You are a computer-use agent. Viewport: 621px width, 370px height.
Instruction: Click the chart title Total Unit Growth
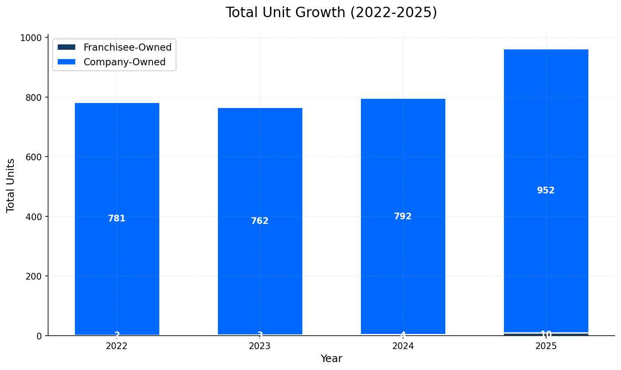(331, 13)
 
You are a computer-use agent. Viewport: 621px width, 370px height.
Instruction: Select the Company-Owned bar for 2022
(117, 167)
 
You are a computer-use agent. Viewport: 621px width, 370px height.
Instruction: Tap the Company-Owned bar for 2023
(260, 176)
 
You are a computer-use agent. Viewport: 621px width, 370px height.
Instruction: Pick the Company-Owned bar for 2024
(403, 167)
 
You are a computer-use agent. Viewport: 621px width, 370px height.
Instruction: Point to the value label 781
(117, 218)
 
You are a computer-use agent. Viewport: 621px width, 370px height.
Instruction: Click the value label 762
(260, 221)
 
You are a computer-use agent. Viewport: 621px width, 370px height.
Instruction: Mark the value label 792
(403, 216)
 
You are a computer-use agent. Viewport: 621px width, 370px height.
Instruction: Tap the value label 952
(546, 190)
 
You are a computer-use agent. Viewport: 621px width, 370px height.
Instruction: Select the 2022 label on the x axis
(117, 346)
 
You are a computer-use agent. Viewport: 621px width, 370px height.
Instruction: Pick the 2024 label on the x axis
(403, 346)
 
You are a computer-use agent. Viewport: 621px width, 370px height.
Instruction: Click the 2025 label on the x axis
(546, 346)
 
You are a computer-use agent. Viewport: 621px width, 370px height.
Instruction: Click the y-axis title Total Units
(11, 185)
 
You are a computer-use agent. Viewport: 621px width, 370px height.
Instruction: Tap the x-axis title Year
(331, 359)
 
